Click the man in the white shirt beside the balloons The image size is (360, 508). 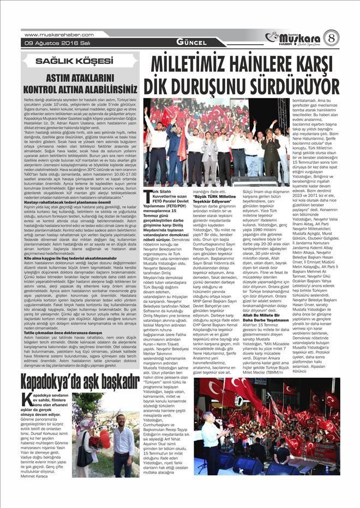click(x=123, y=442)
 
